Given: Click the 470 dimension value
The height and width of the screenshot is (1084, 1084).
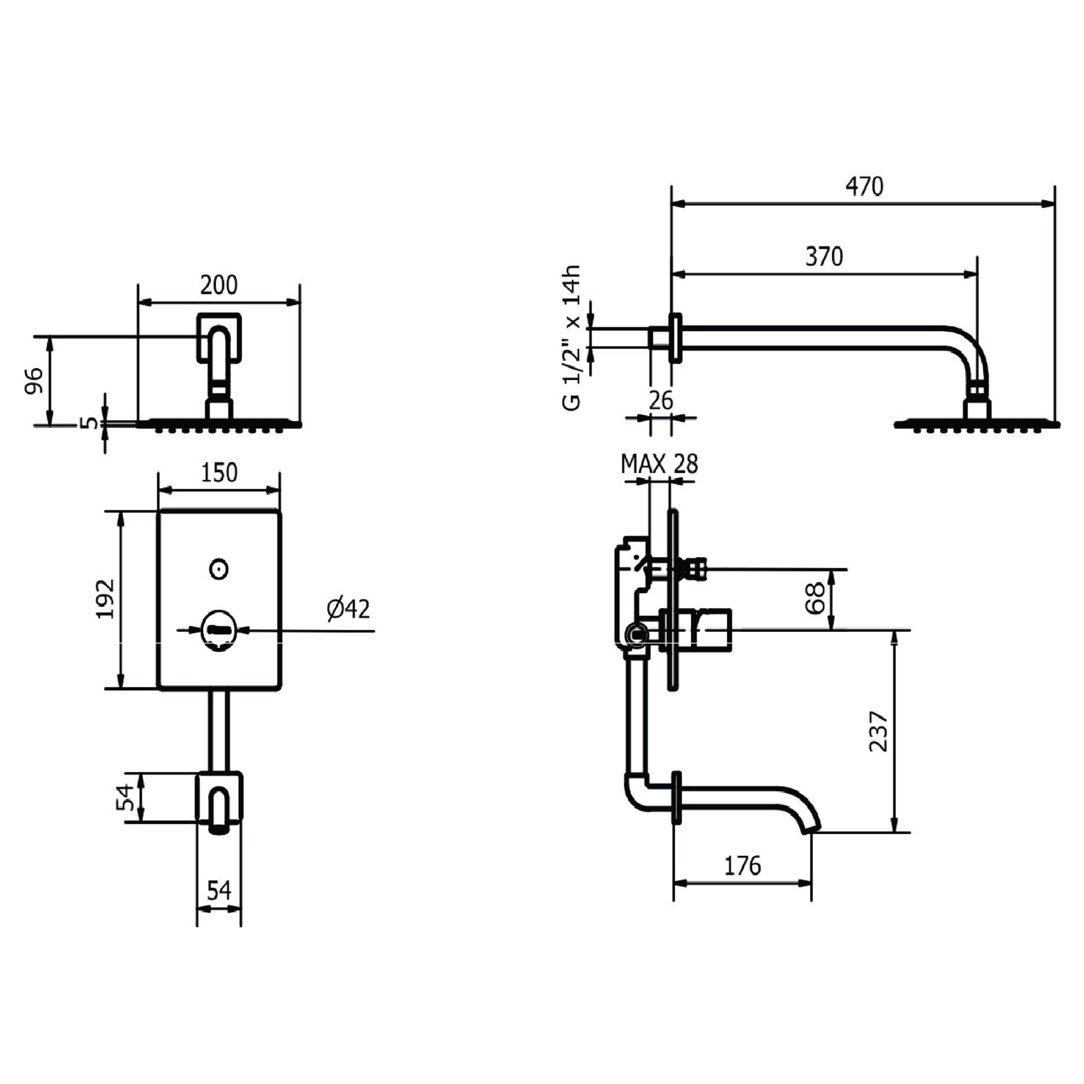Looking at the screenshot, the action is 865,186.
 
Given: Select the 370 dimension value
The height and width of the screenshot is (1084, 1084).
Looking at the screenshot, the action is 824,257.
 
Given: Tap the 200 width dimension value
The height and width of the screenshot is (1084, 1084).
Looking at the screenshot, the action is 219,285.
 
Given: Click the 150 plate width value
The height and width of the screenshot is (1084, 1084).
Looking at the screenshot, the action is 219,473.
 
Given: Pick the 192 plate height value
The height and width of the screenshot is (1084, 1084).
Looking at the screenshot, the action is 105,599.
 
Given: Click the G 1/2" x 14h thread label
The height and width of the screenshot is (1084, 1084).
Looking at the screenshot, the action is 571,338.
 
